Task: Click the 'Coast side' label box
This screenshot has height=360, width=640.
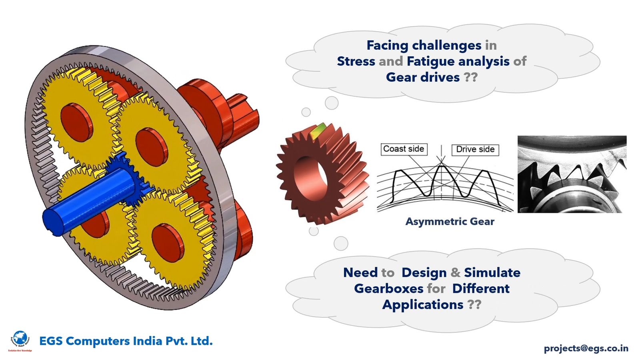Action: pyautogui.click(x=404, y=149)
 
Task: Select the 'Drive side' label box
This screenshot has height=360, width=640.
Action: pyautogui.click(x=475, y=150)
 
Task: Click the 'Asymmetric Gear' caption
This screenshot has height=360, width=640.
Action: pyautogui.click(x=450, y=222)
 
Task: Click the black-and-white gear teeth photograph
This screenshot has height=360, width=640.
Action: pyautogui.click(x=572, y=174)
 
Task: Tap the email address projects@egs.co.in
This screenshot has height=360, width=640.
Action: pyautogui.click(x=586, y=348)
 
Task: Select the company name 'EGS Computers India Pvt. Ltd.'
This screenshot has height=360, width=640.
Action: pyautogui.click(x=126, y=341)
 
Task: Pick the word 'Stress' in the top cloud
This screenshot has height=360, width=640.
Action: pyautogui.click(x=356, y=61)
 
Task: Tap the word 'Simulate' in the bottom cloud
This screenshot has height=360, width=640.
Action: pyautogui.click(x=492, y=273)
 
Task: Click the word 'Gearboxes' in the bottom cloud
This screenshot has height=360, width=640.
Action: pyautogui.click(x=388, y=289)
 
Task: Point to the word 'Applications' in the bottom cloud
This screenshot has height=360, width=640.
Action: pyautogui.click(x=422, y=305)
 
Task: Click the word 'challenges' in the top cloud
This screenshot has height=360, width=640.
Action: pyautogui.click(x=446, y=45)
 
